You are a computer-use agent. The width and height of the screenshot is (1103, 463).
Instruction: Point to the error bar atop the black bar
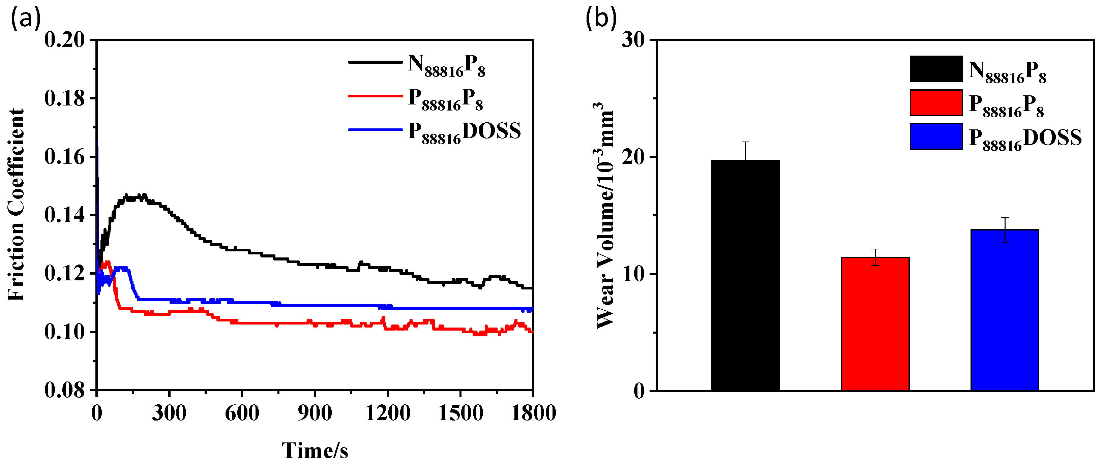[x=745, y=151]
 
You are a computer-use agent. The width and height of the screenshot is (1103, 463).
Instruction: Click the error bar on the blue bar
[x=1005, y=230]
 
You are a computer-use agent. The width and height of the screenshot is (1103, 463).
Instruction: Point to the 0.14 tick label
[x=65, y=215]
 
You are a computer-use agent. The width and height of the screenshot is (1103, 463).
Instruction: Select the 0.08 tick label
[x=65, y=390]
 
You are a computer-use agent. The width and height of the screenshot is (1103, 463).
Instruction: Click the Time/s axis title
[x=315, y=450]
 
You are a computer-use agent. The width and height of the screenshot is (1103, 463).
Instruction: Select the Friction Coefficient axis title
[x=16, y=206]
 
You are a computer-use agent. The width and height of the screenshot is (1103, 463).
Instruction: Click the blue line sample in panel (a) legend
[x=375, y=130]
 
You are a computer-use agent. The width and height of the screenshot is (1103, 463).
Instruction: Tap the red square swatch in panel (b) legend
[x=936, y=103]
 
